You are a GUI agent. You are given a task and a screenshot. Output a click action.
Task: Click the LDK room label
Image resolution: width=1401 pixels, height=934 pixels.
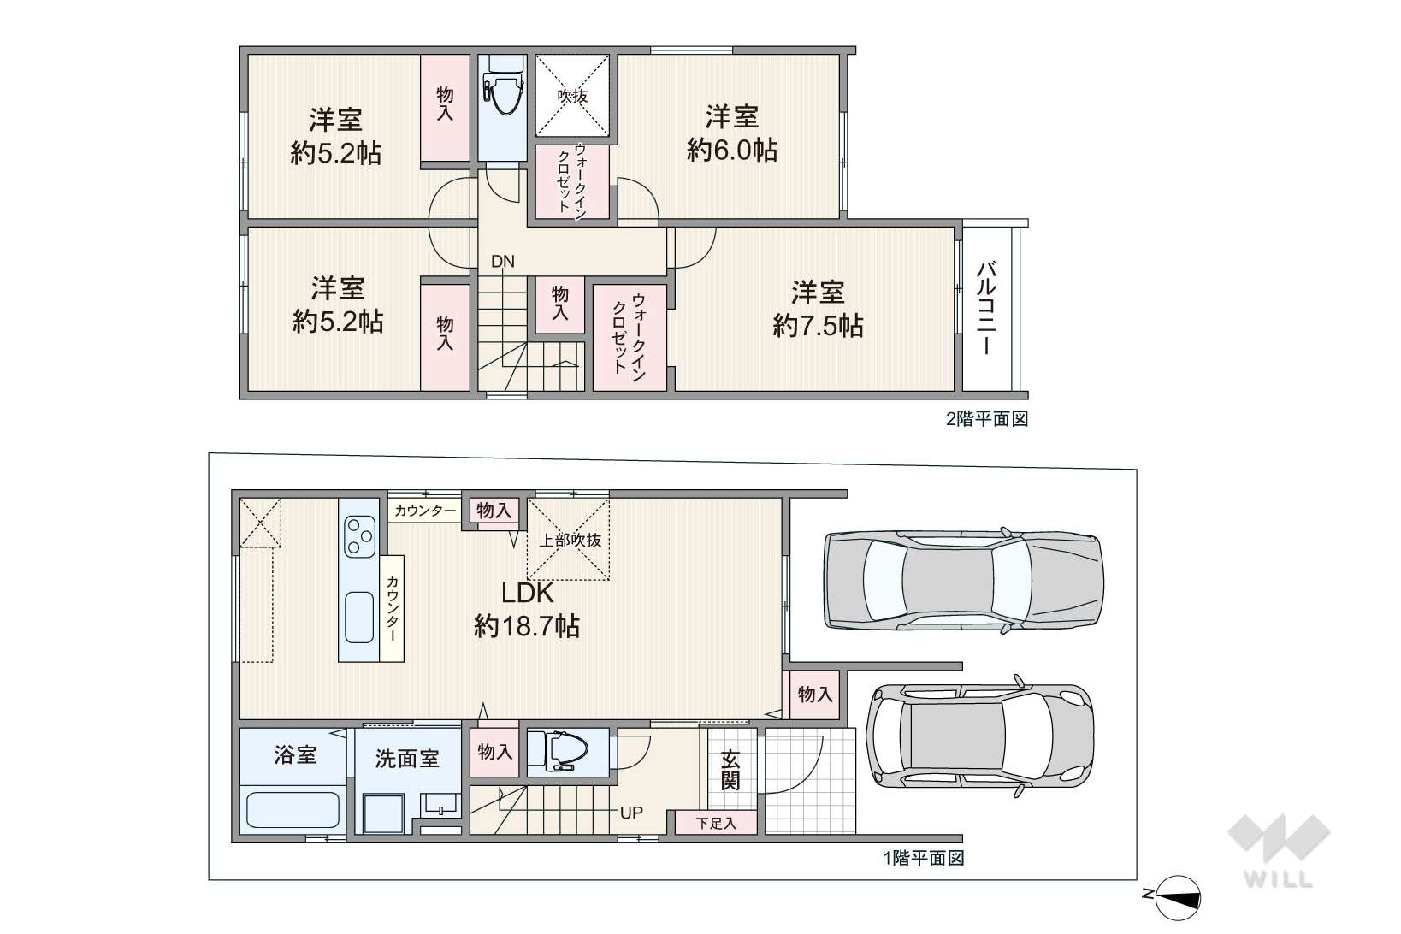coord(527,593)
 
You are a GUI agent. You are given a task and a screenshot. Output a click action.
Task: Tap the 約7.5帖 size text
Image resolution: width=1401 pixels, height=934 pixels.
coord(818,326)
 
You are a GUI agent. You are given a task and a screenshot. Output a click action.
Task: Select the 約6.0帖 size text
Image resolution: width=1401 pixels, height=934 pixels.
coord(732,151)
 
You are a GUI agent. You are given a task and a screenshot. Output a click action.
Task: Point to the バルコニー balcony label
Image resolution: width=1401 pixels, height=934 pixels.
coord(986,308)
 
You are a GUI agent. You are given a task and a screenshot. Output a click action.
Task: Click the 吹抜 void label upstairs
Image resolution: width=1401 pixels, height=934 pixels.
coord(572,96)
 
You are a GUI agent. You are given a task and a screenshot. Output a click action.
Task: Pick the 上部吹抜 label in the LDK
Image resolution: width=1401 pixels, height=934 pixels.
coord(570,540)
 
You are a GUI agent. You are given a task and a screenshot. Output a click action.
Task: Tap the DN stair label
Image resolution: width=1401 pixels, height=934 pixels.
coord(503,262)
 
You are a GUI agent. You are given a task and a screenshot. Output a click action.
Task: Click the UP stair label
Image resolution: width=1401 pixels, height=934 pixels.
coord(632,813)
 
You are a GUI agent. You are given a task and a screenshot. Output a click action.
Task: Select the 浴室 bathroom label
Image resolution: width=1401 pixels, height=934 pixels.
coord(295,754)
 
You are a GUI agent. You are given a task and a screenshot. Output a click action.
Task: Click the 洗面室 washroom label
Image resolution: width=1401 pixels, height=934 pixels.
coord(407,758)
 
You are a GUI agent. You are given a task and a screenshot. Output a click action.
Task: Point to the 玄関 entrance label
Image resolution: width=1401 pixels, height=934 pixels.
coord(730,770)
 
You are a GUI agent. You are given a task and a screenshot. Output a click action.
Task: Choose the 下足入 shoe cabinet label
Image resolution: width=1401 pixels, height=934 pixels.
coord(716,824)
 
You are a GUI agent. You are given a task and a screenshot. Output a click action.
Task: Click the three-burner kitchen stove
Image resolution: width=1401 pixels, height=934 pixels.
coord(359,535)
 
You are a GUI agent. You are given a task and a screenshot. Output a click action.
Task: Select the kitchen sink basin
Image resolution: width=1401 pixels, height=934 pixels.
coord(359,618)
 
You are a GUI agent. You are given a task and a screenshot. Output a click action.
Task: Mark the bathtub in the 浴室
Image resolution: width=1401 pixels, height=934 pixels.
coord(293,810)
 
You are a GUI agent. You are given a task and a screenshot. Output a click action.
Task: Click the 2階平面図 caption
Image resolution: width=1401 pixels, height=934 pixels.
coord(987,419)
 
